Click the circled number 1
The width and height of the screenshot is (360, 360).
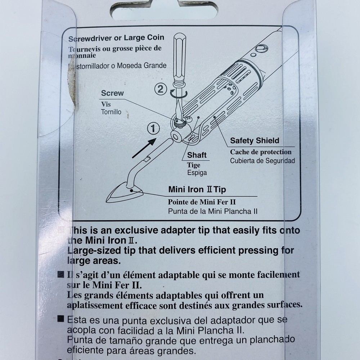[x=153, y=128]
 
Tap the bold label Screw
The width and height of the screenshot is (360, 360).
[x=112, y=93]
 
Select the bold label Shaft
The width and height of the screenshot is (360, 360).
[x=197, y=155]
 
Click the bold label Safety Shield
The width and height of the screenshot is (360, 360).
[x=255, y=141]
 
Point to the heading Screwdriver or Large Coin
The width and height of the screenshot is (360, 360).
[x=116, y=37]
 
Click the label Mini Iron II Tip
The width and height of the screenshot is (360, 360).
[x=197, y=189]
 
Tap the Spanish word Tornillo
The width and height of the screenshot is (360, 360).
[x=111, y=112]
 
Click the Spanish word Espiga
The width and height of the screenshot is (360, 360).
[x=197, y=172]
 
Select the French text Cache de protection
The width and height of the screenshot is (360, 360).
[x=261, y=152]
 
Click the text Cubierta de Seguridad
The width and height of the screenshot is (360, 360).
[x=262, y=161]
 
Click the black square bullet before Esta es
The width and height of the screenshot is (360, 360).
[x=61, y=319]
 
